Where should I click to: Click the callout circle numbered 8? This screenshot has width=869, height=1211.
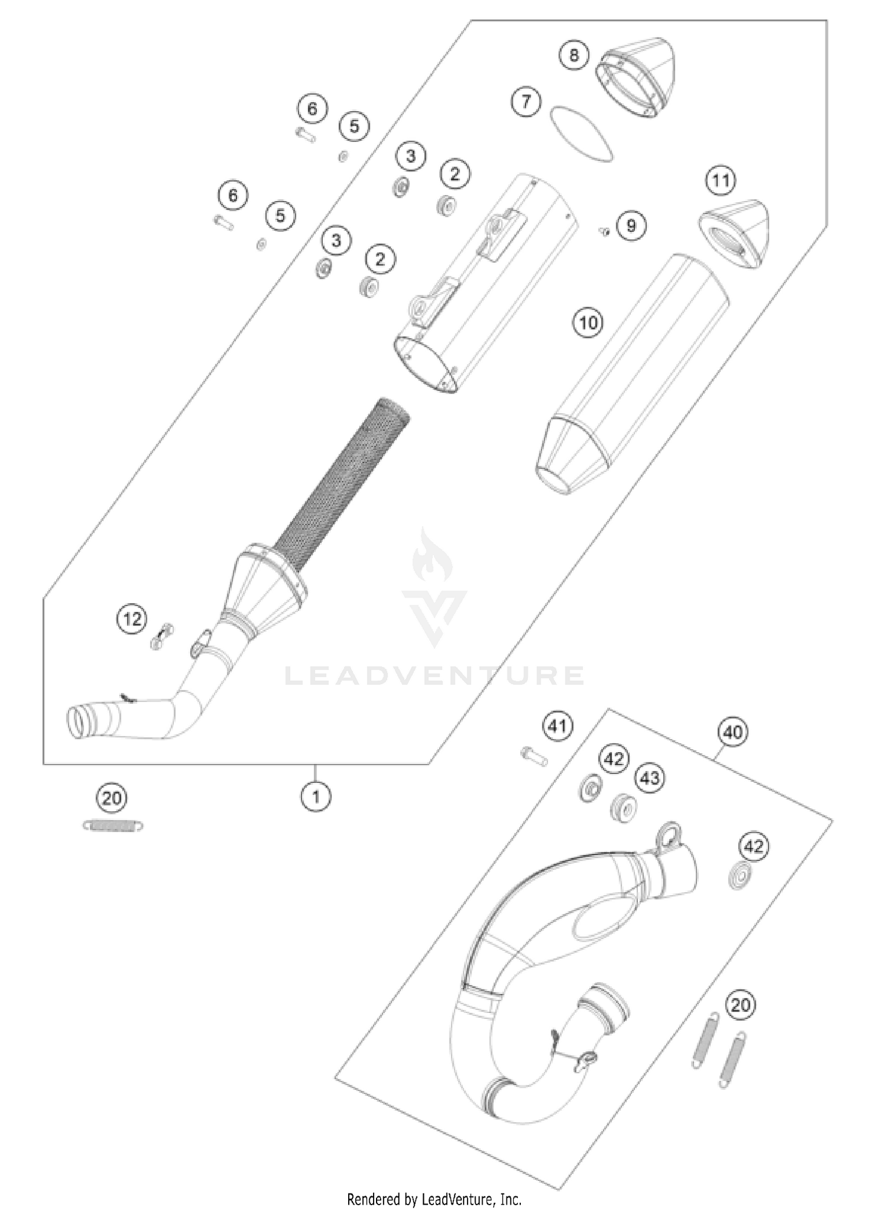574,55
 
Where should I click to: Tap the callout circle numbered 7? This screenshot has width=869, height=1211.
525,102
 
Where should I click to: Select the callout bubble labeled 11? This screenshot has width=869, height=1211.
720,180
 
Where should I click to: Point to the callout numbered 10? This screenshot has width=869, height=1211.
588,322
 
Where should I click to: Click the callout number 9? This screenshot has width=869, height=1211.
631,225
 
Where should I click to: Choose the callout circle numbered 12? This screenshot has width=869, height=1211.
132,619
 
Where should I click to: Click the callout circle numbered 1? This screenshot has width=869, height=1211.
316,797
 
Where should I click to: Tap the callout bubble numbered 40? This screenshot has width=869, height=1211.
733,732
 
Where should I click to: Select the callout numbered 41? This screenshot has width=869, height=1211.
558,725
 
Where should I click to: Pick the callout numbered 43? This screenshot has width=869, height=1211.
649,778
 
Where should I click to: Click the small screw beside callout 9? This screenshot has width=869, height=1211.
604,232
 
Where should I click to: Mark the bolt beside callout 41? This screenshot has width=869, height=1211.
532,756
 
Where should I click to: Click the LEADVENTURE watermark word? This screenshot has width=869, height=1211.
434,676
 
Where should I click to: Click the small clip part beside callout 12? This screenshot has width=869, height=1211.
162,636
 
